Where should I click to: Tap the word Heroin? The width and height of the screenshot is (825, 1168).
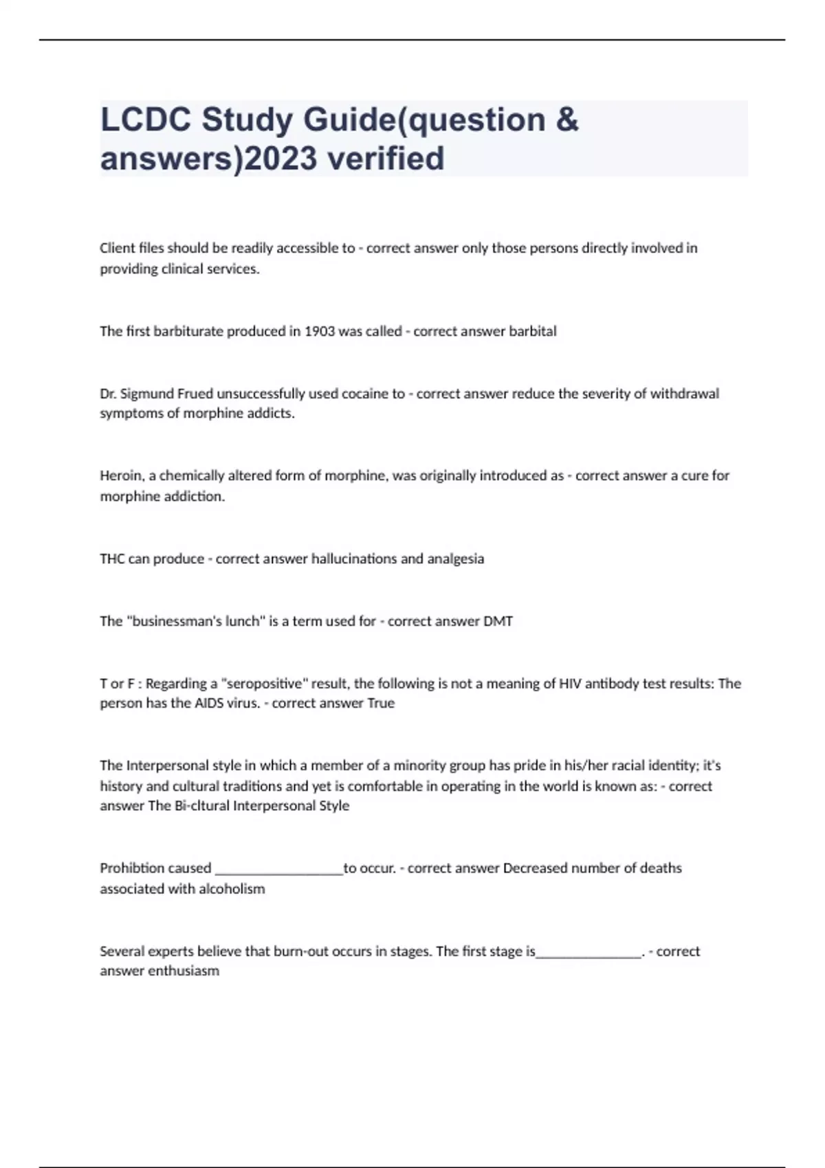121,475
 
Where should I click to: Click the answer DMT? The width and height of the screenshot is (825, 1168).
498,621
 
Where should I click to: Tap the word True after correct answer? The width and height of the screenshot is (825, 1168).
381,704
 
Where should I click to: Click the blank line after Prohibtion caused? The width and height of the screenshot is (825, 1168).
279,871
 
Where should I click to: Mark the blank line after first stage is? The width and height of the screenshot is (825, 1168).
588,954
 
